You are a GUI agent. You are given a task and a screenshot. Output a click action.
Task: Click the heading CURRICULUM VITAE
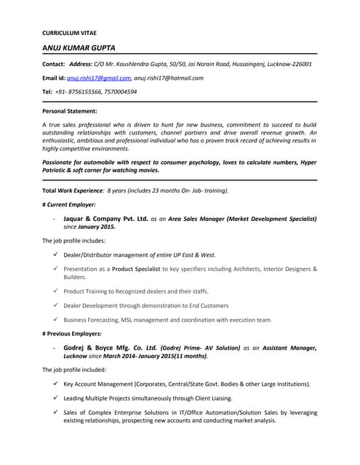coord(69,33)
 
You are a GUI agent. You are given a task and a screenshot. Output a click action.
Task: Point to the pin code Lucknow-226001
coord(287,64)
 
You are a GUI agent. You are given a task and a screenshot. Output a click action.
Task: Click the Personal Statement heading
coord(70,111)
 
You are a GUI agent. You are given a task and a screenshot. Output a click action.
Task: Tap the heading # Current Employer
coord(70,205)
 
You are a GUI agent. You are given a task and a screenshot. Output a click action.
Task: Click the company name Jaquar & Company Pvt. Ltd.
coord(106,218)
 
